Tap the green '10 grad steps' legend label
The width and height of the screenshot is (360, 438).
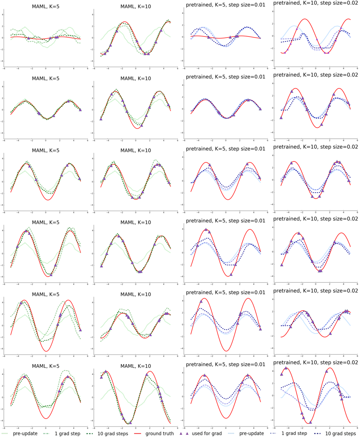116,433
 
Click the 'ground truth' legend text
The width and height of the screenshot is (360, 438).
162,433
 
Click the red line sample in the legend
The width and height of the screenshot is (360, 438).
137,433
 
